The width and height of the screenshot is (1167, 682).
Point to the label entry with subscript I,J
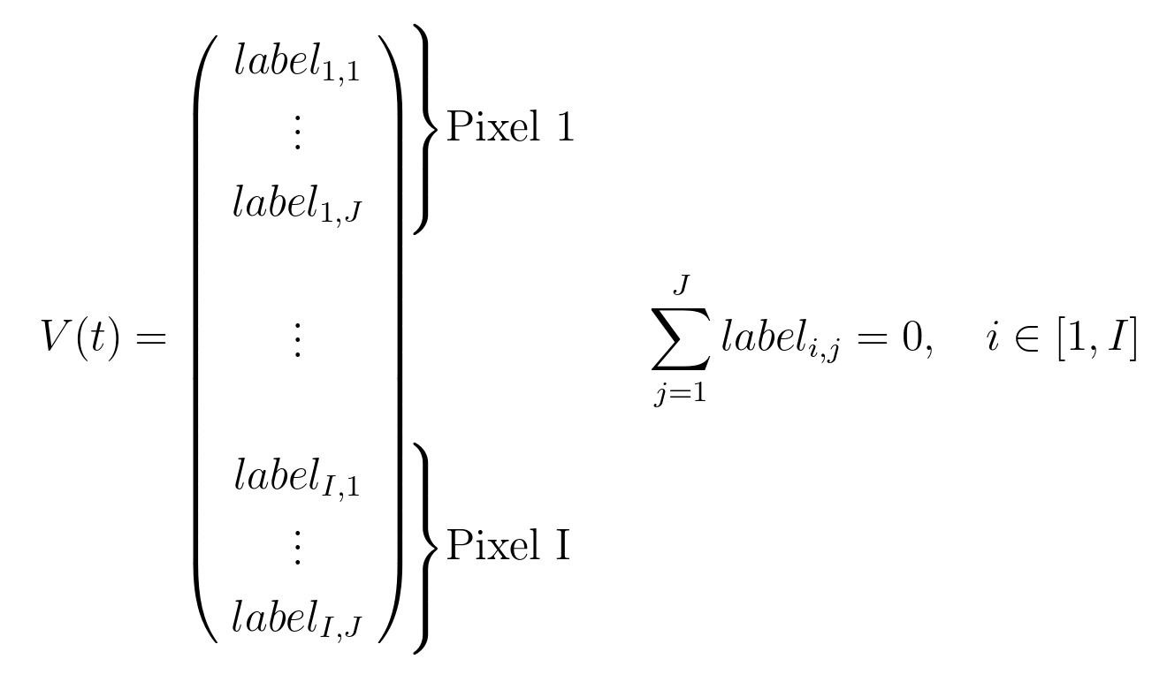[x=297, y=618]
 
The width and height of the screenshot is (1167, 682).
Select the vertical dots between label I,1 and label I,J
[x=297, y=548]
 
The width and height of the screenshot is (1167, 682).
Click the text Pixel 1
[x=510, y=129]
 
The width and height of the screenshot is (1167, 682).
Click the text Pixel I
[x=507, y=546]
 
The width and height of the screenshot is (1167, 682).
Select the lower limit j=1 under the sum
[x=679, y=395]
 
